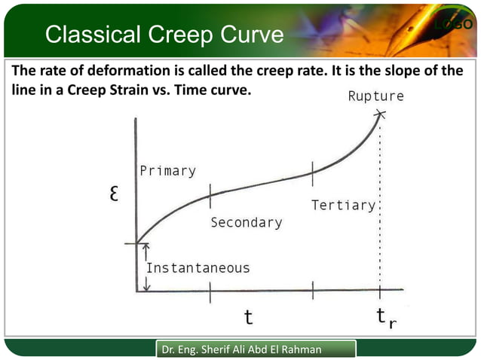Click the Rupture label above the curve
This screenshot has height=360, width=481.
[375, 96]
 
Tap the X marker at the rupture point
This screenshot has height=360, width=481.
[380, 114]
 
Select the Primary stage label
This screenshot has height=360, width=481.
[167, 171]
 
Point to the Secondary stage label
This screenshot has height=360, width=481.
[246, 223]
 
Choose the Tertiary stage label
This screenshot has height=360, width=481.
[343, 205]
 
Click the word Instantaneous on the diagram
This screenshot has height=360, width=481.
[198, 267]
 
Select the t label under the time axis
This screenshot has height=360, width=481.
[248, 317]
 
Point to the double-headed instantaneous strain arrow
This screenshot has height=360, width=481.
[147, 267]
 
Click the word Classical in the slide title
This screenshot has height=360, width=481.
[97, 35]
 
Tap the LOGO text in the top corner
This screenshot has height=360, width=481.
[453, 26]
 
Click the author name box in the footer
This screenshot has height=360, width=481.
[256, 349]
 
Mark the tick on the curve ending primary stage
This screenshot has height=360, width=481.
[210, 194]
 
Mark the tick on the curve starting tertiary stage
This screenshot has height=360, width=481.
[313, 172]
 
